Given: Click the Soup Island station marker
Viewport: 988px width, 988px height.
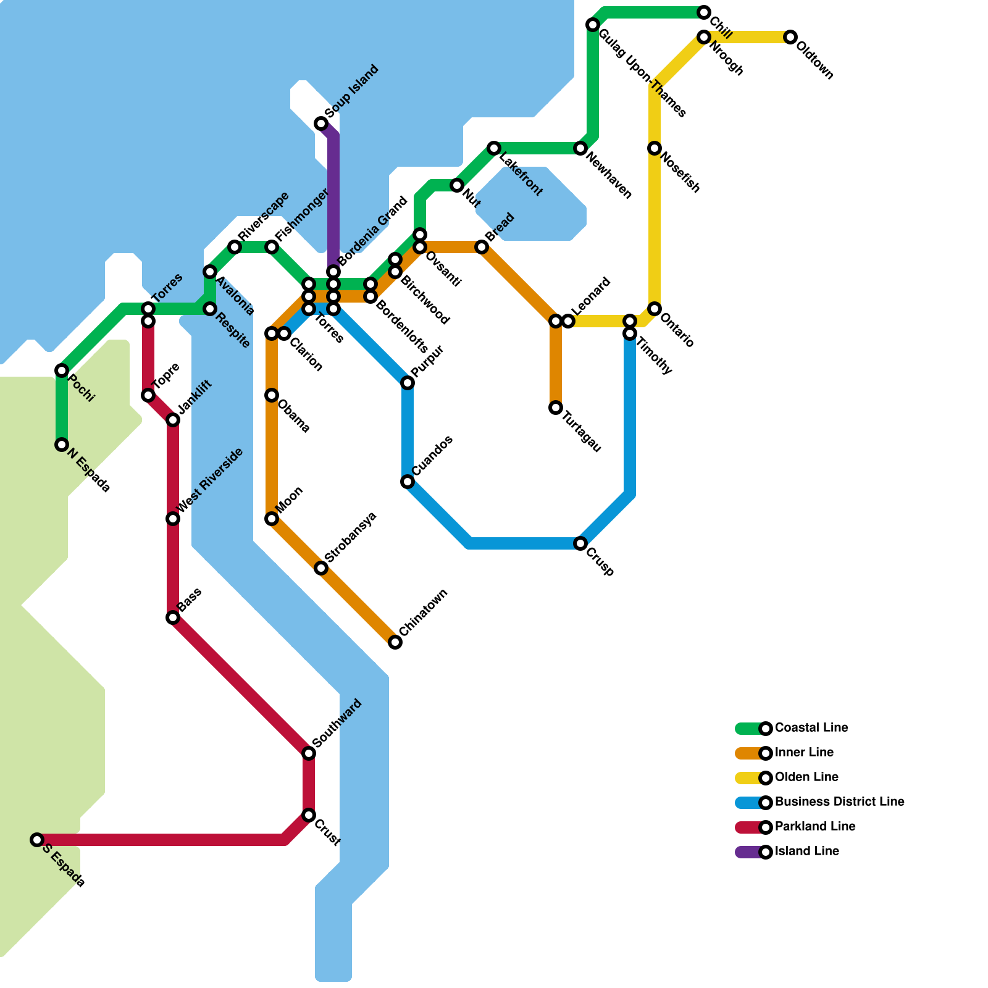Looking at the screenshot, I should (321, 124).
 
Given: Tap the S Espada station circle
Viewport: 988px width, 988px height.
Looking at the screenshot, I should (37, 840).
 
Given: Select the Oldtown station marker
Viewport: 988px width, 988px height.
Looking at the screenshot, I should (790, 37).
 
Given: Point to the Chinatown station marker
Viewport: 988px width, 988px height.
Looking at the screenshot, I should (395, 642).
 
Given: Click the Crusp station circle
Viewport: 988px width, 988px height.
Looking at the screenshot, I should (580, 543).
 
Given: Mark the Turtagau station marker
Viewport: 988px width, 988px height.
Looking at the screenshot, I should (556, 408).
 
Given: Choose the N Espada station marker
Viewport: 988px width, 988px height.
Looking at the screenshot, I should (62, 445).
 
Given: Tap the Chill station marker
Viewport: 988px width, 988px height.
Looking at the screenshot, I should (704, 12).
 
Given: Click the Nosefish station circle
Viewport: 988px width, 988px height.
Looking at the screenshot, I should (655, 148).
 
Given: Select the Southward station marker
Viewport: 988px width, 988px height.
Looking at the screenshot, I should (309, 753).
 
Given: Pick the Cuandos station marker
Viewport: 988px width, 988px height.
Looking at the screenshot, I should (408, 482).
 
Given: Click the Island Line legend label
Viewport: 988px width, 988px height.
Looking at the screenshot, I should (806, 852).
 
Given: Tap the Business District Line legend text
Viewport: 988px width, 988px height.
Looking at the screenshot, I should (839, 802).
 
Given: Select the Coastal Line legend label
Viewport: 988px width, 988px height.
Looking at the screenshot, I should (811, 728).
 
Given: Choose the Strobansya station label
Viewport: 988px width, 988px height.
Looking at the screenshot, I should (350, 537).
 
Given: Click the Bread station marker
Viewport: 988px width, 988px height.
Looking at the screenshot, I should (482, 247).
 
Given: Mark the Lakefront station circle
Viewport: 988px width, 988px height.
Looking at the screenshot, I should (494, 148).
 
